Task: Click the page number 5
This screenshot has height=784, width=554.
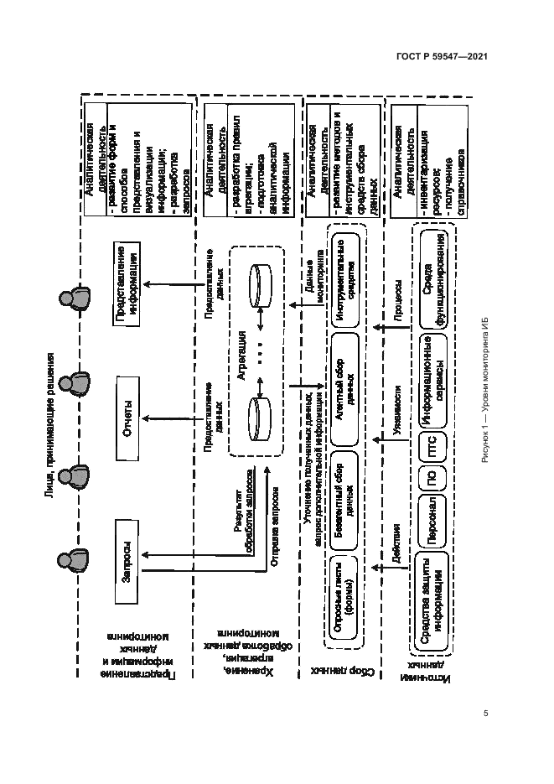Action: [485, 714]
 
